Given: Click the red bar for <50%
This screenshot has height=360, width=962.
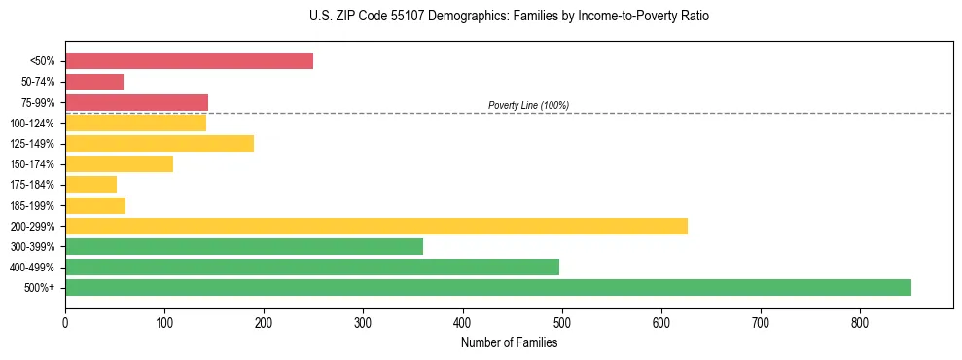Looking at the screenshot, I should pyautogui.click(x=189, y=61).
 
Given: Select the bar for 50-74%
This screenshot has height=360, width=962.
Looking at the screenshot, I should pyautogui.click(x=94, y=82).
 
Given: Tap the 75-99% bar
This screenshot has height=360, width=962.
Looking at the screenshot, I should pyautogui.click(x=136, y=102).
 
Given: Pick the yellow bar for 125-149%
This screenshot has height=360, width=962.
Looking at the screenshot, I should pyautogui.click(x=160, y=143).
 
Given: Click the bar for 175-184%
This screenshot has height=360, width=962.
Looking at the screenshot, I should pyautogui.click(x=90, y=185).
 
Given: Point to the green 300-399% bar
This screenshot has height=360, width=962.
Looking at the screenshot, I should pyautogui.click(x=244, y=246).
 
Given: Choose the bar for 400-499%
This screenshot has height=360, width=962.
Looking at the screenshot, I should pyautogui.click(x=312, y=267).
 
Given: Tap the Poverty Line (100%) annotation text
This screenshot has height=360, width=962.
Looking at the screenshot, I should pyautogui.click(x=528, y=105).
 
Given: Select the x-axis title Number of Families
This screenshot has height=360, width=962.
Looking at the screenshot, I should pyautogui.click(x=509, y=342).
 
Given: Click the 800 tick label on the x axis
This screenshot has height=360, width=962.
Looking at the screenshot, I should pyautogui.click(x=860, y=322).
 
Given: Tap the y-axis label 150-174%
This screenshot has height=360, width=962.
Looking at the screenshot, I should pyautogui.click(x=32, y=164).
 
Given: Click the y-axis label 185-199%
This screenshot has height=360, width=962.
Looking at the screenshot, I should pyautogui.click(x=32, y=205).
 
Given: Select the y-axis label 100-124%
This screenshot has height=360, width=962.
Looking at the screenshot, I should pyautogui.click(x=32, y=123).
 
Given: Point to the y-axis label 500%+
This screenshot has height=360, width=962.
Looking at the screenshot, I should pyautogui.click(x=40, y=288).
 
